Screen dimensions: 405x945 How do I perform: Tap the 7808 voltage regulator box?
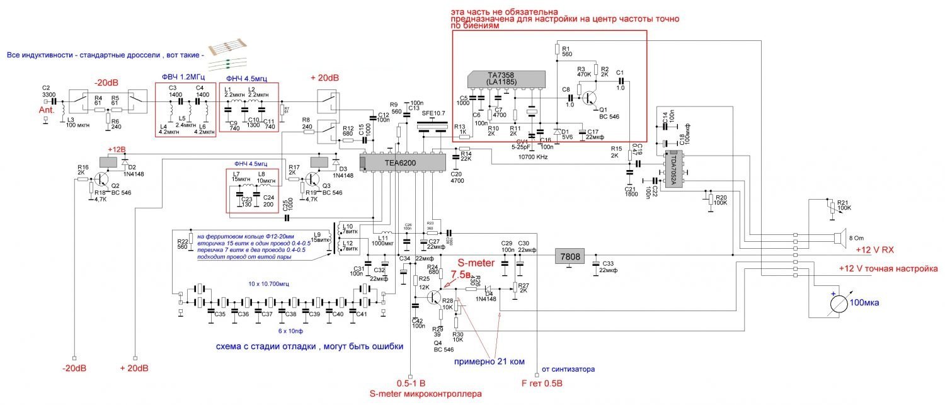[x=568, y=256]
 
